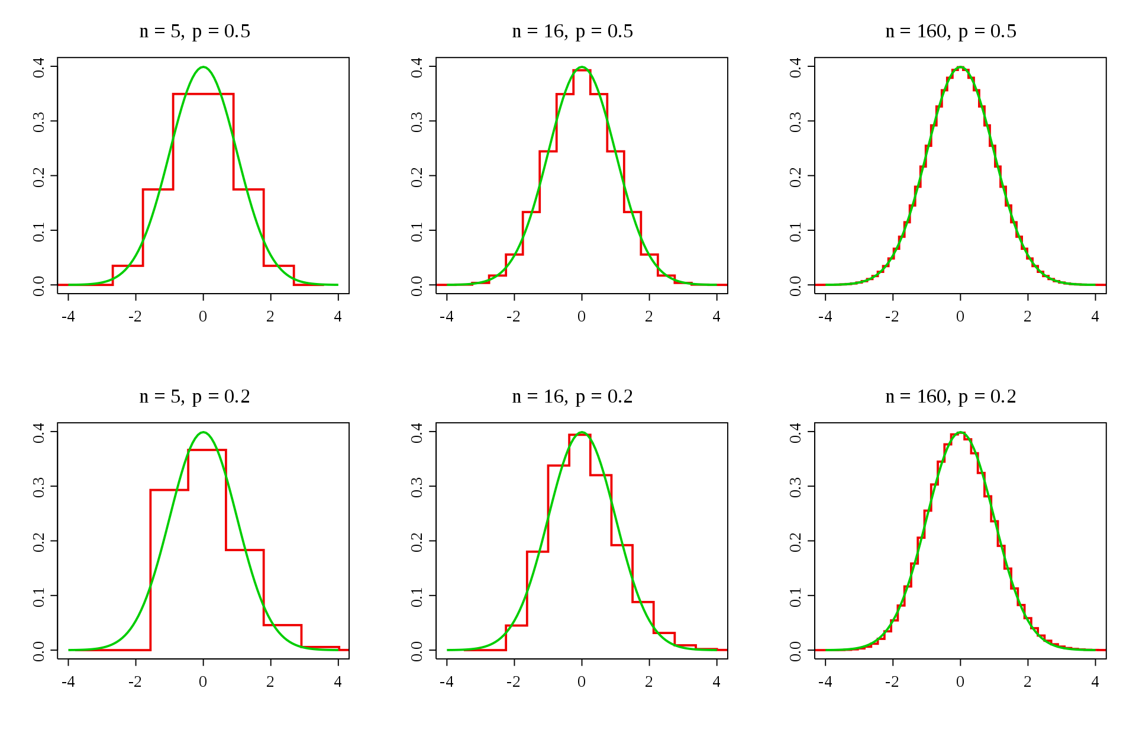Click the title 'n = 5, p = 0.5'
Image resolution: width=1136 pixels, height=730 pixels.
pos(195,31)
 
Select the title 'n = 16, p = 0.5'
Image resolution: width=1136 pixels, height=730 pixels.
pos(572,31)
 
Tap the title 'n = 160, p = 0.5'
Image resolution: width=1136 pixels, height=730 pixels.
pos(951,31)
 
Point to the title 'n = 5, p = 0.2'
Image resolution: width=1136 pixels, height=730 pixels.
pos(195,397)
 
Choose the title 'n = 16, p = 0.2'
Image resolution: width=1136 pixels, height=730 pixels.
pos(572,397)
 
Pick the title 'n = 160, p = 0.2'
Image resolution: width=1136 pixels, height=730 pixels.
pos(951,397)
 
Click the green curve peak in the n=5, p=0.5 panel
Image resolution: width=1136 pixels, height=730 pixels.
pos(204,67)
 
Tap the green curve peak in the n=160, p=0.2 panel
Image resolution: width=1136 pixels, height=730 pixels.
pos(960,432)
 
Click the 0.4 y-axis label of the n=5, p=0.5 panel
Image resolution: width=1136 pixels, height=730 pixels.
pos(39,67)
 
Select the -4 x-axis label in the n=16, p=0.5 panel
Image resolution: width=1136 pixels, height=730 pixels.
pos(447,317)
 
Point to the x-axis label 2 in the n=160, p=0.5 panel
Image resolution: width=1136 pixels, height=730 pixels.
pos(1028,317)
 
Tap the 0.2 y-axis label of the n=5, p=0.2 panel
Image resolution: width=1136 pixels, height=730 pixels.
pos(39,541)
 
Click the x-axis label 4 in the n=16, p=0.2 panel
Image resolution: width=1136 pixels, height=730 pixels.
pos(717,682)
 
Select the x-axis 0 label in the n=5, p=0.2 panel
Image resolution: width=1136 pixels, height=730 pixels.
pos(203,682)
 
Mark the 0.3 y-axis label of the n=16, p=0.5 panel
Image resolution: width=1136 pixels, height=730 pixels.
pos(417,122)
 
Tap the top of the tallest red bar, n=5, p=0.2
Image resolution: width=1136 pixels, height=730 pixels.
pos(207,450)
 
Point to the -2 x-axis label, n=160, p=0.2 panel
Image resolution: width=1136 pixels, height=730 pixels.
pos(892,682)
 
